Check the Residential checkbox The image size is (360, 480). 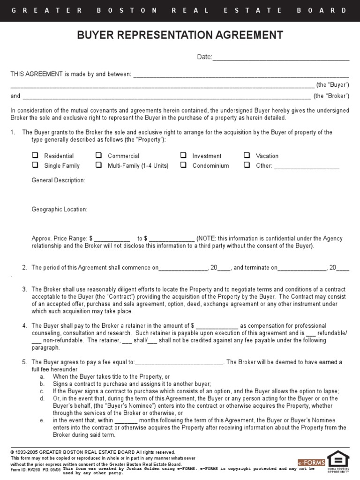tap(35, 155)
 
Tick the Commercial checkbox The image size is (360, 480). tap(99, 155)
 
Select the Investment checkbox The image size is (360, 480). tap(183, 155)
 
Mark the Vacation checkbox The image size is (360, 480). tap(247, 155)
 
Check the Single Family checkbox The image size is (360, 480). tap(35, 165)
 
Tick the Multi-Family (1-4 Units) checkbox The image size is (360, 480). tap(99, 165)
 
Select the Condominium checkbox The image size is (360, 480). tap(183, 165)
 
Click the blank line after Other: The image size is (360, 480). tap(306, 166)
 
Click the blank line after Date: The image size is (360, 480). tap(281, 58)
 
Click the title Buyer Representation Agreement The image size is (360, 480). tap(180, 35)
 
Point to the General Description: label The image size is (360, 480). tap(58, 180)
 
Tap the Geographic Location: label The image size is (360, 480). tap(59, 210)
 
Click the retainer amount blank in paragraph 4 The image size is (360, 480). tap(217, 326)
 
